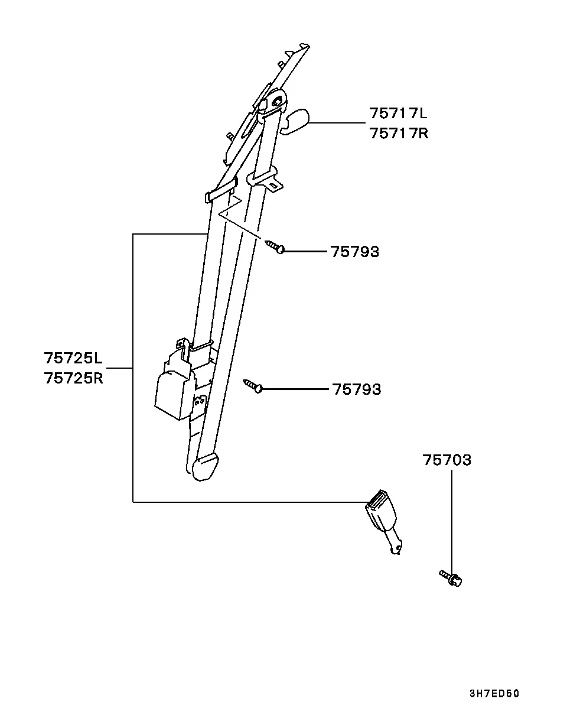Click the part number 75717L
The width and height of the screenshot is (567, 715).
398,113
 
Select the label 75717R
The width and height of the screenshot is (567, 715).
399,133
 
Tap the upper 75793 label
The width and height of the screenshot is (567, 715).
355,252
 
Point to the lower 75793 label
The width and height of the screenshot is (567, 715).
357,389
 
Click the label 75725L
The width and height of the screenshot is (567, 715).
73,358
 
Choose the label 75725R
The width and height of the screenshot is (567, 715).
73,378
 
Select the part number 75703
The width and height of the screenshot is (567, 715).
447,460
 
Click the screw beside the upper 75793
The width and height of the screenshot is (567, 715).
275,246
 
